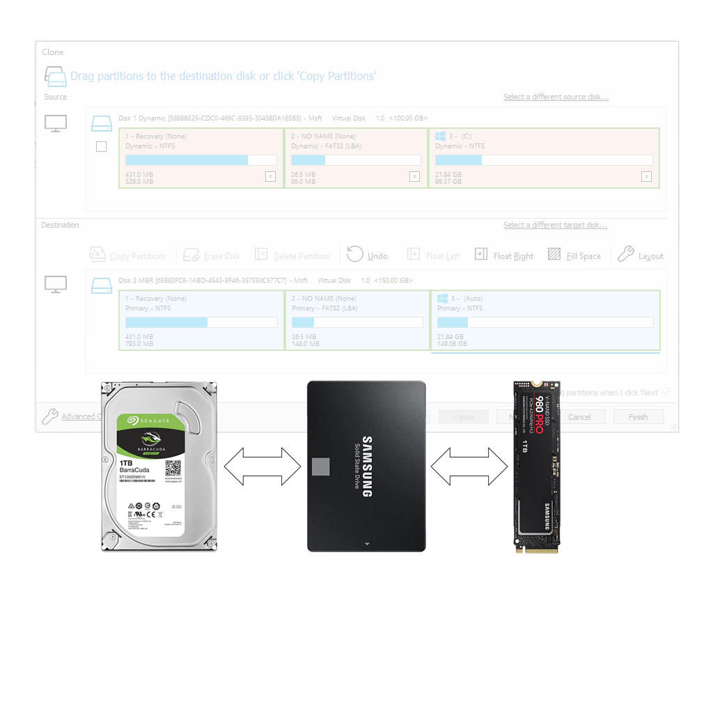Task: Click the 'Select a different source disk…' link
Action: coord(556,97)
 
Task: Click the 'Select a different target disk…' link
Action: coord(555,225)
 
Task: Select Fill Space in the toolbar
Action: coord(574,256)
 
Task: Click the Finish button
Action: coord(638,417)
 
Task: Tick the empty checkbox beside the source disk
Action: coord(102,147)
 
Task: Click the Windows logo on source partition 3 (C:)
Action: coord(440,136)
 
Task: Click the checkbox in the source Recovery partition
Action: coord(270,177)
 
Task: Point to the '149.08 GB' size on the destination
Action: coord(451,343)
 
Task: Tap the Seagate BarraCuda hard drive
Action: coord(159,467)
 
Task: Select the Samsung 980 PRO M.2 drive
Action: coord(536,467)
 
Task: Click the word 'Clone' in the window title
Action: coord(53,52)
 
